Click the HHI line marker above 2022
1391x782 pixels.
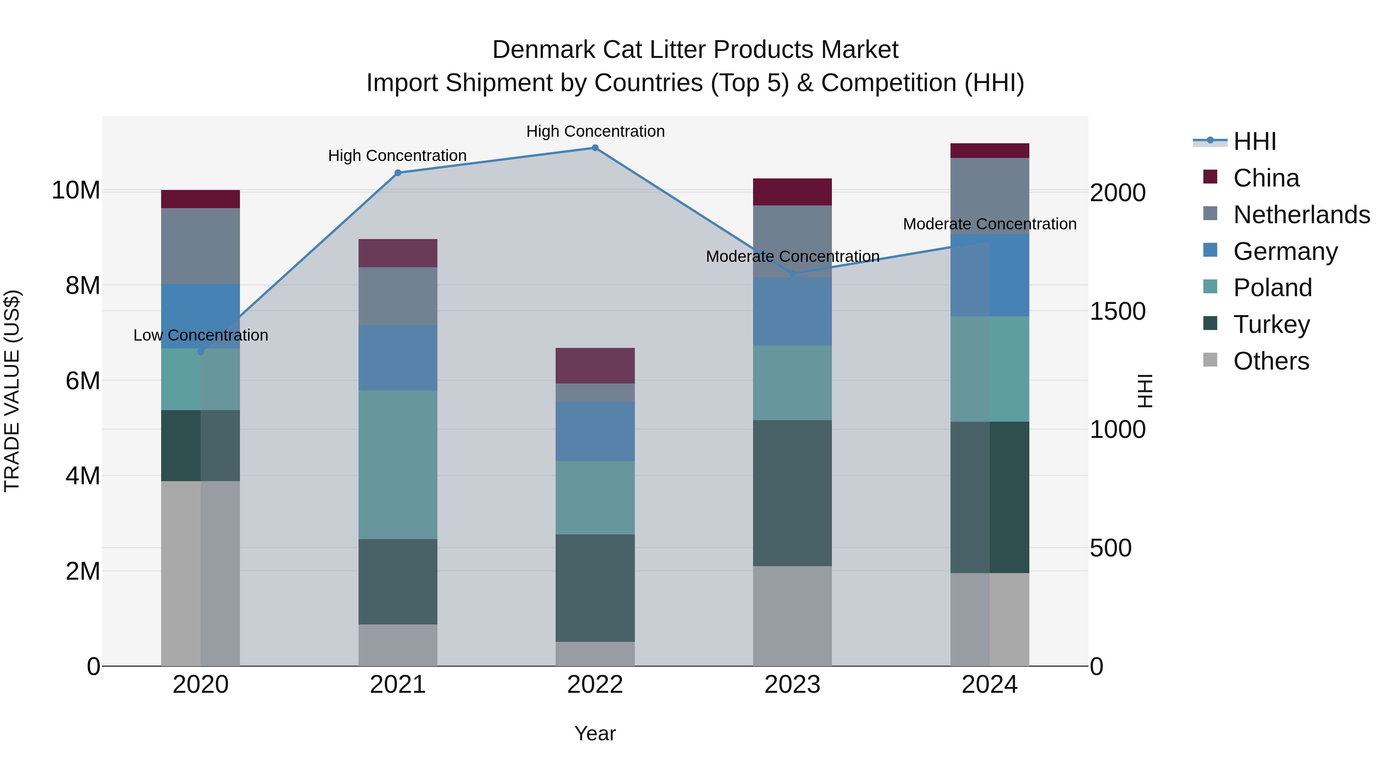pos(595,148)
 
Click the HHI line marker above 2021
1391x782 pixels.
pos(398,173)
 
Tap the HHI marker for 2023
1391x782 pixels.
pos(793,274)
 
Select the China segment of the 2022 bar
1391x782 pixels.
pos(595,366)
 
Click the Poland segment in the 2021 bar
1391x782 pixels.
pos(398,464)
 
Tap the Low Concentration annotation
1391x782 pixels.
pos(201,335)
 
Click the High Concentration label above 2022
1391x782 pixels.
pos(595,131)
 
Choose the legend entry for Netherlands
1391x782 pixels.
pos(1301,215)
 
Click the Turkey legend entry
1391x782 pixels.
pos(1271,324)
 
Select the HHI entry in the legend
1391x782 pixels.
pos(1254,141)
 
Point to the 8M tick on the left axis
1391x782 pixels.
pos(83,285)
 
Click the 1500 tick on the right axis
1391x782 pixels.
pos(1117,311)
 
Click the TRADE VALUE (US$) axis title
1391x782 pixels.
pos(12,391)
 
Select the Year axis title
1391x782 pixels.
pos(595,733)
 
